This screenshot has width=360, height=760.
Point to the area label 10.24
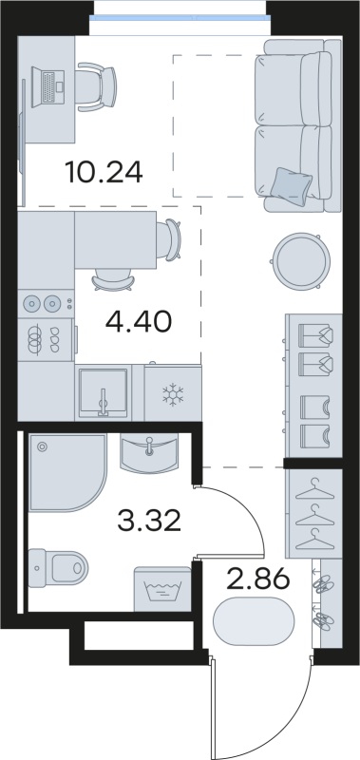(x=104, y=173)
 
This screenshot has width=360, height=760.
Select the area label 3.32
(x=150, y=520)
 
